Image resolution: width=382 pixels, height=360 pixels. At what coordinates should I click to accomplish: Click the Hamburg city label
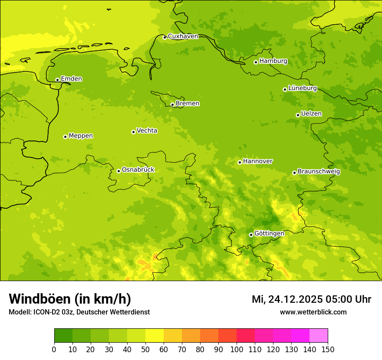[x=273, y=61]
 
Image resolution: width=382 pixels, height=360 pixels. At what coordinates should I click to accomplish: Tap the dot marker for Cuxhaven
[x=165, y=37]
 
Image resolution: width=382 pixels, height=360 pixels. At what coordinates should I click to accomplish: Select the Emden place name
[x=71, y=79]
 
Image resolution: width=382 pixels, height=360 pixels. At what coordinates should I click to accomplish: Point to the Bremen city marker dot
[x=172, y=105]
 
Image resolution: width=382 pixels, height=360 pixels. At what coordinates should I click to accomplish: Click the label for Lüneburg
[x=302, y=88]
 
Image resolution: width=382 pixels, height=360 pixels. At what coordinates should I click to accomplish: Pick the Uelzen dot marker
[x=298, y=115]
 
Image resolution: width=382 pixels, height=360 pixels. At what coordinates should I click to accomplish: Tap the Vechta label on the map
[x=147, y=131]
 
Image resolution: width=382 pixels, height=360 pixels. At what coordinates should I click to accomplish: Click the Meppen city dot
[x=65, y=137]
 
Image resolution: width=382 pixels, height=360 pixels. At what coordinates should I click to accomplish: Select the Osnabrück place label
[x=138, y=170]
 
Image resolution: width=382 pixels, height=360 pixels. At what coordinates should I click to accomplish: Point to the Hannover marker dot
[x=240, y=162]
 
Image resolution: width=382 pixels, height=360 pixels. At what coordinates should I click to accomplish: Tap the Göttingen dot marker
[x=251, y=235]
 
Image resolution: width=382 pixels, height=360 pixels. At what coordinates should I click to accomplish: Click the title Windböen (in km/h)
[x=70, y=299]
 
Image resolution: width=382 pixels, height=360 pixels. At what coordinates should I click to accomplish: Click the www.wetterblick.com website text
[x=313, y=312]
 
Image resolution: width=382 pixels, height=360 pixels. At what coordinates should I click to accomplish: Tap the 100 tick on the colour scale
[x=237, y=349]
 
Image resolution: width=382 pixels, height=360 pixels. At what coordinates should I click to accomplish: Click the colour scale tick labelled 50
[x=145, y=349]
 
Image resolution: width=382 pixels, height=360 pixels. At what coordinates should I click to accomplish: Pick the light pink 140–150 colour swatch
[x=319, y=336]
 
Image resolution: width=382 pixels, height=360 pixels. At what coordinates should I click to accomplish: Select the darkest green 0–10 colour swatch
[x=63, y=336]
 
